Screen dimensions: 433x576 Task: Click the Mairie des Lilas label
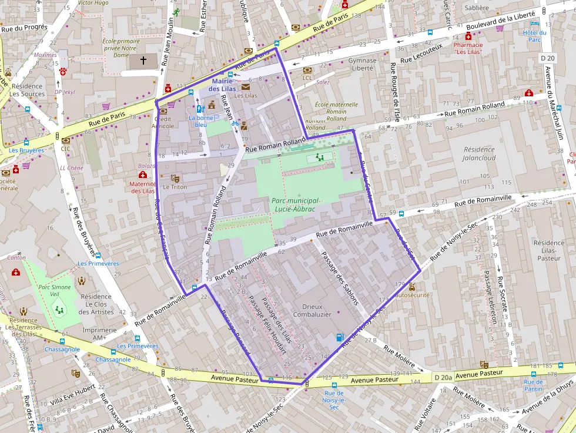click(x=222, y=85)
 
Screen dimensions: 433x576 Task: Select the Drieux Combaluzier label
click(x=317, y=310)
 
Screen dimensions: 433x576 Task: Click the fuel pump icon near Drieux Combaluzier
click(x=339, y=337)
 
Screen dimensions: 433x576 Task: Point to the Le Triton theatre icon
click(x=175, y=178)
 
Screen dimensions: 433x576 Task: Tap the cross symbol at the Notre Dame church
click(x=143, y=60)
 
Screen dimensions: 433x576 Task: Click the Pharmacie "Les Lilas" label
click(x=468, y=48)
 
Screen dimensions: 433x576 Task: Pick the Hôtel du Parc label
click(x=535, y=36)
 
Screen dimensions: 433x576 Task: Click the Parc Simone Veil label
click(x=55, y=290)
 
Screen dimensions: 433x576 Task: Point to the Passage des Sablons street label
click(x=339, y=278)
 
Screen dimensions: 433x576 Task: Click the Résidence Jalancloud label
click(x=479, y=154)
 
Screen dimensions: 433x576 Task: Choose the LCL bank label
click(x=307, y=78)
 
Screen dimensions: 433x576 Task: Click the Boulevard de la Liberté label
click(x=500, y=21)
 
